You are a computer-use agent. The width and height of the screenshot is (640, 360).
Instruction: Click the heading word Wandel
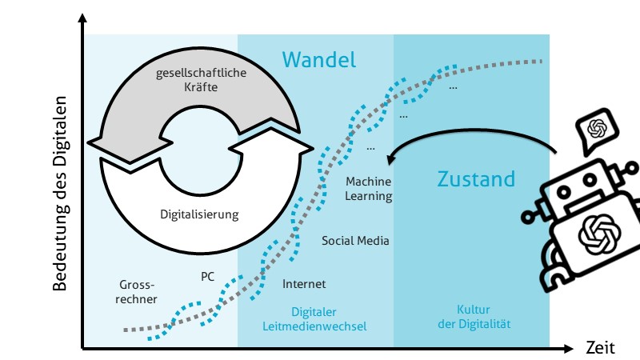(x=318, y=59)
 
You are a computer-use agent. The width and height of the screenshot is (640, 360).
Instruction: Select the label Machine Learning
(x=369, y=189)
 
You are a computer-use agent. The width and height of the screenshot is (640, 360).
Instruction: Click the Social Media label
(x=355, y=240)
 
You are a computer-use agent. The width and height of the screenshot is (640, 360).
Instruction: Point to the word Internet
(x=304, y=284)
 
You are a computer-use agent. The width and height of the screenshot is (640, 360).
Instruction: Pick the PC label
(x=208, y=276)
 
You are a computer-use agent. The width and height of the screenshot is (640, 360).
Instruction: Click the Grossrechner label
(x=138, y=291)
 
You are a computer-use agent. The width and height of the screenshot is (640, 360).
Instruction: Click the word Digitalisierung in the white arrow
(x=199, y=214)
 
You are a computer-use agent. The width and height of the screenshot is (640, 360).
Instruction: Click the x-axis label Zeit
(x=599, y=349)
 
